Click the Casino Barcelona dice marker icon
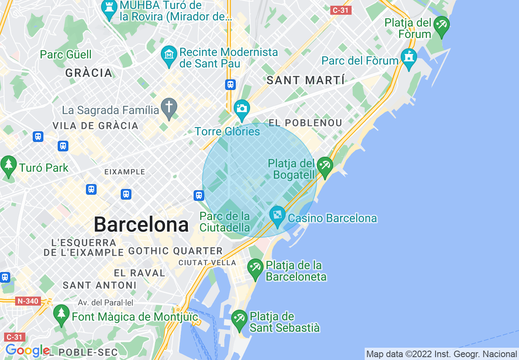277,215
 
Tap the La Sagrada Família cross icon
169,107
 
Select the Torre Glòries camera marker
242,109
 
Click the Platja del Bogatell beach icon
325,166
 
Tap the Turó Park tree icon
8,165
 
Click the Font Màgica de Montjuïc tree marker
61,314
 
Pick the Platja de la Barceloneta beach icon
255,268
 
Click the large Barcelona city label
141,225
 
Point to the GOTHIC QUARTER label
176,251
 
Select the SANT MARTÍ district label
306,81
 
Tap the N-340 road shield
28,301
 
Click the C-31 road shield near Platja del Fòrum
341,10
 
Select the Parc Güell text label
66,54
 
